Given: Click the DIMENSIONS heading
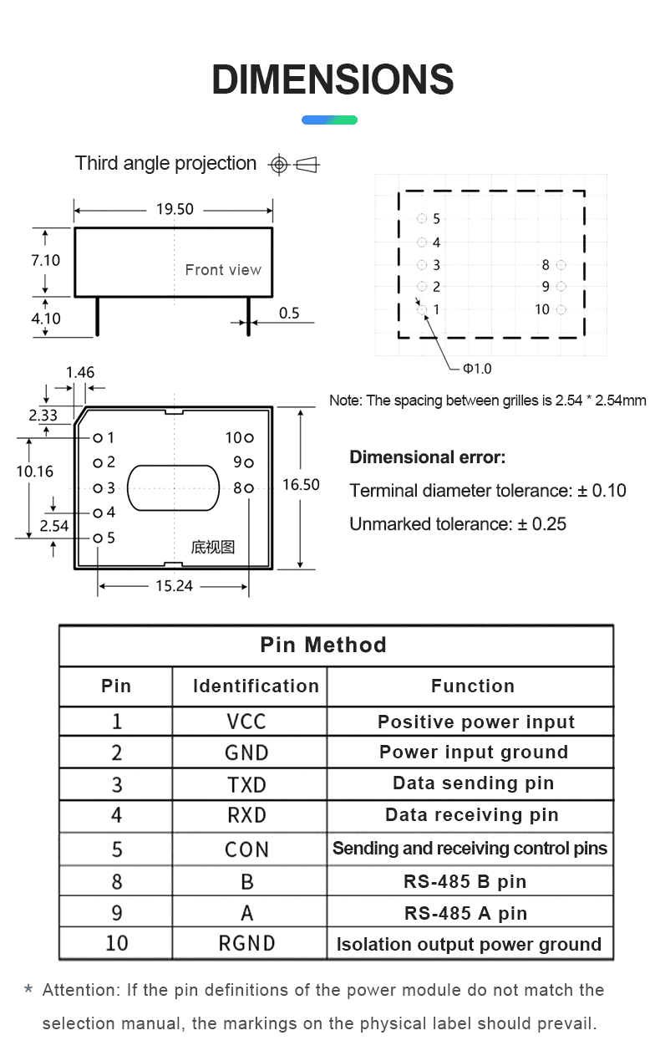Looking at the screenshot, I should pos(333,80).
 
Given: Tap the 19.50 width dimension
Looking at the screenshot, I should pos(175,209).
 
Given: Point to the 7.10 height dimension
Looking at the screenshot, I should pos(45,260).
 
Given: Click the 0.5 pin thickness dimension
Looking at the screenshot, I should pos(289,313).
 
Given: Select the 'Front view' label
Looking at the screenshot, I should pos(223,270).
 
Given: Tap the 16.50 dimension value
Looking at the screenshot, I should pos(301,485).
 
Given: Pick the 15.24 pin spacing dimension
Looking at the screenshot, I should pos(174,586).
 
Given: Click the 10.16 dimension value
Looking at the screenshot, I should pos(34,472).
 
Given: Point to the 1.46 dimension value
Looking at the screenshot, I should pos(80,373).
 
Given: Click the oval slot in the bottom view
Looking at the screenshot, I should pos(173,487).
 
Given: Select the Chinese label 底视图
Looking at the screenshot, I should pos(213,547).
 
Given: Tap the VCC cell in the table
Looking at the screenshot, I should pos(247,722).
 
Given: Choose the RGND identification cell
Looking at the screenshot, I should pos(247,944).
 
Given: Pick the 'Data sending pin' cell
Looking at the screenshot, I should pos(473,783).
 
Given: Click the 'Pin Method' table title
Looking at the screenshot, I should pos(323,645).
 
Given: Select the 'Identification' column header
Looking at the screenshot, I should pos(256,686).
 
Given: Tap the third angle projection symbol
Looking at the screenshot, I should pos(293,165).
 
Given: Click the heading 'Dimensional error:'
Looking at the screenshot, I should pos(427,457).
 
